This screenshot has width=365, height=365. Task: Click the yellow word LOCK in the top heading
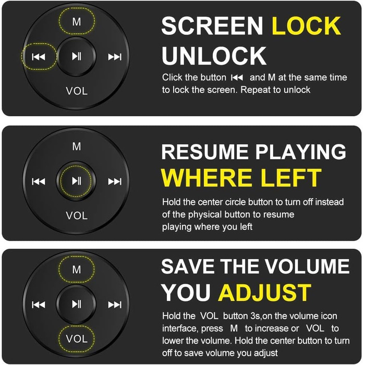coord(307,26)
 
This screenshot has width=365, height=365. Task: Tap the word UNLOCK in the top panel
coord(214,56)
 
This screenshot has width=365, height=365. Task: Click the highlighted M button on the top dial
coord(77,22)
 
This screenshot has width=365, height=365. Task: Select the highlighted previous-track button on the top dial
coord(39,56)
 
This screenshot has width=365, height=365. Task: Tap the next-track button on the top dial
coord(115,57)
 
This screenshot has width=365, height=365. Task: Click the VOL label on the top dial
coord(77,91)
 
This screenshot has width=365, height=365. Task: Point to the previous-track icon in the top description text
coord(237,78)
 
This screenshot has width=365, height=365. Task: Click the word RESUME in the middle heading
coord(205,152)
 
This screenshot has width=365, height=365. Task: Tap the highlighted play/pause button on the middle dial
coord(76,180)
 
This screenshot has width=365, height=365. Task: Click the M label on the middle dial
coord(77,147)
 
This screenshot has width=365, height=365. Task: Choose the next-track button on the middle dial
coord(115,181)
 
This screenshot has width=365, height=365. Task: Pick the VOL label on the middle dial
coord(77,215)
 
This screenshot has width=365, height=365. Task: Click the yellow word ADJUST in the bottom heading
coord(265,293)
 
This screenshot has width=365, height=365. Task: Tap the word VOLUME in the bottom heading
coord(307,266)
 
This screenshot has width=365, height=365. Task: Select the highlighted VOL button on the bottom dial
coord(77,338)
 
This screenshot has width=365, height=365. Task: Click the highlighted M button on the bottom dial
coord(77,270)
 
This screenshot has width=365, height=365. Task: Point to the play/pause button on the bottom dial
coord(76,304)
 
